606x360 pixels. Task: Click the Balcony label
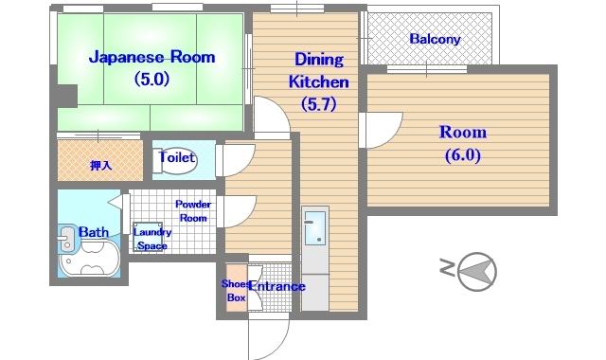tap(435, 39)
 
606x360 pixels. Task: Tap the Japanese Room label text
tap(151, 57)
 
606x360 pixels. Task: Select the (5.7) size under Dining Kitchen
tap(319, 103)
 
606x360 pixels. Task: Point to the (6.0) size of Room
tap(463, 155)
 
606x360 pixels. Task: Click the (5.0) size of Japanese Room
tap(151, 80)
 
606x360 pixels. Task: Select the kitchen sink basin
tap(315, 227)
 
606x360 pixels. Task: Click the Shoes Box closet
tap(236, 288)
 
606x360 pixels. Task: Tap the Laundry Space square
tap(148, 237)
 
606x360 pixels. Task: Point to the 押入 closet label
tap(100, 166)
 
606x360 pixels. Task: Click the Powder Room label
tap(193, 211)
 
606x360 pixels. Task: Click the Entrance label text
tap(277, 286)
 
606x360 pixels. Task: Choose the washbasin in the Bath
tap(66, 238)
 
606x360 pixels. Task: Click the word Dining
tap(319, 59)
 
